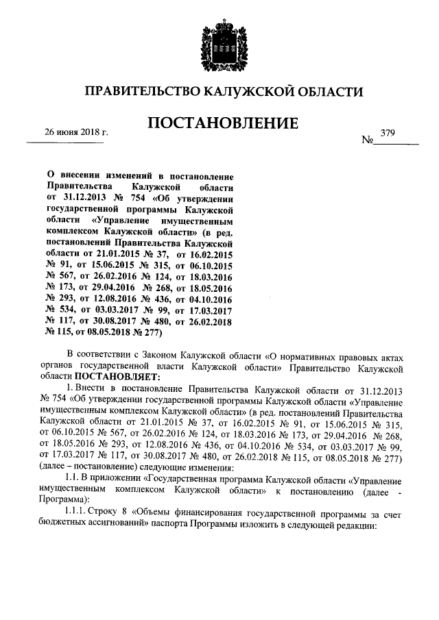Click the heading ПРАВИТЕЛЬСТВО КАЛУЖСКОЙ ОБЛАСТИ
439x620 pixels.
(219, 92)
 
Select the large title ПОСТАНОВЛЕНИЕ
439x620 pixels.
(219, 123)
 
